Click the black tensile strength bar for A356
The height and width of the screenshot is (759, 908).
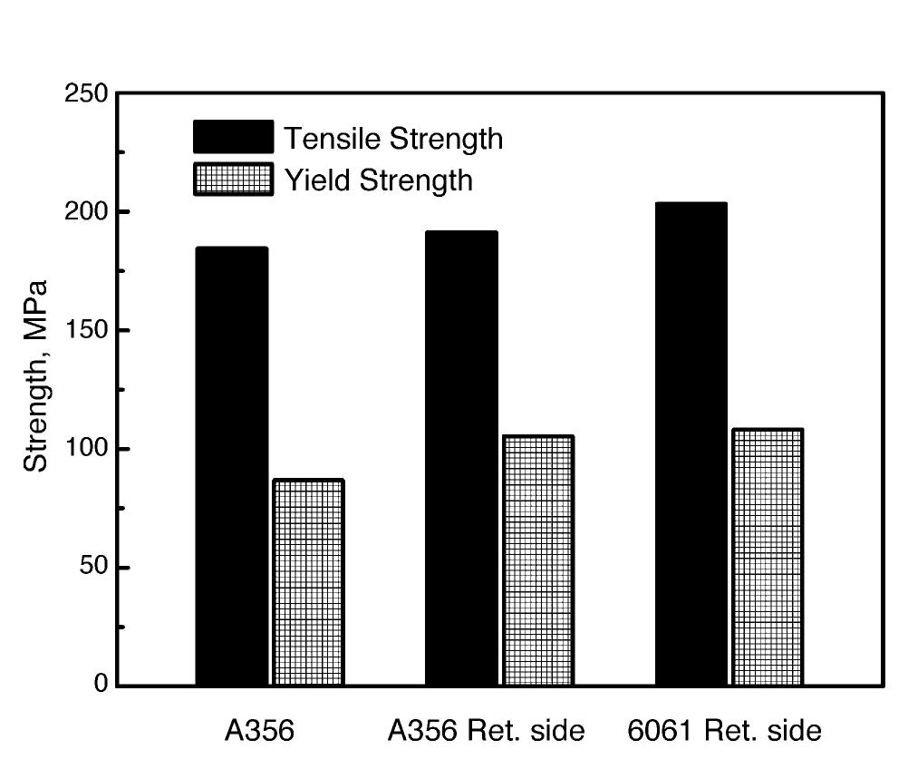[x=232, y=466]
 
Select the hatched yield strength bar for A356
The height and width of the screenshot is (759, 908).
[x=308, y=582]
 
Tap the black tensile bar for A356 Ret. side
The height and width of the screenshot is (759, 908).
[x=461, y=458]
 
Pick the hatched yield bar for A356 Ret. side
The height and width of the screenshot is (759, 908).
[x=538, y=560]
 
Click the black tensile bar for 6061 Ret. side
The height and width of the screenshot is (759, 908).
[x=691, y=443]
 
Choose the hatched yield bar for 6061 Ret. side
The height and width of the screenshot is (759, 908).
[x=768, y=557]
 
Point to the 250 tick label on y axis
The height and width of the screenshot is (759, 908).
[x=86, y=93]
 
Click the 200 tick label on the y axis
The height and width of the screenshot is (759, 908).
[x=86, y=211]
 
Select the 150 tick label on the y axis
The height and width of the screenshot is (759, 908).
[x=86, y=330]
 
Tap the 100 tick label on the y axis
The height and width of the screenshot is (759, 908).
[x=86, y=449]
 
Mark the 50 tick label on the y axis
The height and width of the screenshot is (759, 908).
[x=92, y=567]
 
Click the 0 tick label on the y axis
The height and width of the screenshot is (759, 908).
[x=101, y=685]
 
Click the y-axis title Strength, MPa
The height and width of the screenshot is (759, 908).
[x=35, y=376]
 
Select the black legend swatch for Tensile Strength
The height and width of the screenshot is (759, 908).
[x=233, y=137]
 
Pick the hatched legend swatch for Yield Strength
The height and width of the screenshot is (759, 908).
[x=233, y=179]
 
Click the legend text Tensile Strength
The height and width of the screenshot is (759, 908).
[x=393, y=139]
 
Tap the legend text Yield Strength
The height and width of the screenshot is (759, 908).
[x=379, y=180]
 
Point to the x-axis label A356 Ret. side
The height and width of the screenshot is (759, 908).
[x=486, y=731]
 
